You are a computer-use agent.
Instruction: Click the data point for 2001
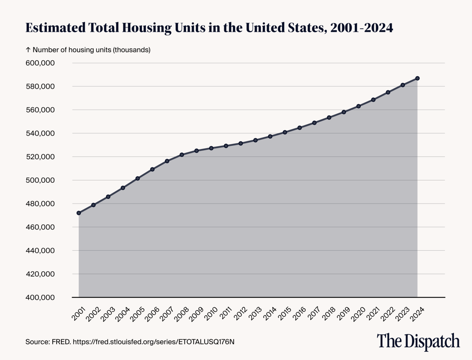(x=79, y=213)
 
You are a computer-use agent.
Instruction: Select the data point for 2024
(x=417, y=78)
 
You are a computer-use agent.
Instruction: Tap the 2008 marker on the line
(x=182, y=155)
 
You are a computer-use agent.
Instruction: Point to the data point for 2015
(x=285, y=132)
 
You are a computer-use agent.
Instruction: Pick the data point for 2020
(x=358, y=106)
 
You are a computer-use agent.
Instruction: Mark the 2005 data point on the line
(x=138, y=178)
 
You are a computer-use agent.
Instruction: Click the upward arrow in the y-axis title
(x=28, y=50)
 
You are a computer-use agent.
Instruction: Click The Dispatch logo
(x=418, y=341)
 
